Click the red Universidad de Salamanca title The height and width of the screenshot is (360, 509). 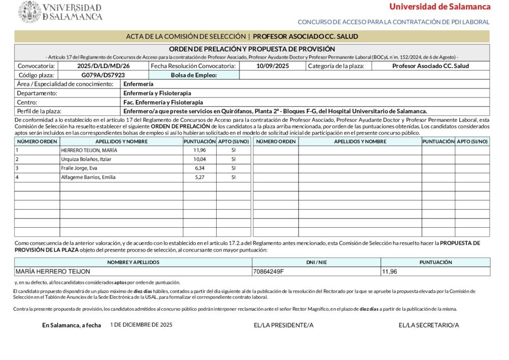click(x=439, y=6)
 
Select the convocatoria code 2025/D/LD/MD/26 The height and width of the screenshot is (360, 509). click(x=103, y=66)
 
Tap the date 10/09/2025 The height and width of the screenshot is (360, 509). click(x=272, y=66)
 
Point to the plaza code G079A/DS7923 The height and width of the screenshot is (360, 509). click(x=103, y=75)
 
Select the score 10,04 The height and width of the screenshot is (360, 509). click(x=199, y=159)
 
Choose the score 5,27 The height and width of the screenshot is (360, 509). click(x=199, y=177)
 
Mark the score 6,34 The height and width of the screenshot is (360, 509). click(x=199, y=168)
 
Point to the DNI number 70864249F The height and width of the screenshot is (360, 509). click(x=268, y=271)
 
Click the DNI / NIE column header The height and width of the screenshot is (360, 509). click(x=316, y=262)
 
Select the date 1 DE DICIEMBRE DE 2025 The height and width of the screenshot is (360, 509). click(x=141, y=324)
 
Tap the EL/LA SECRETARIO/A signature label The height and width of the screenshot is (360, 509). click(x=428, y=325)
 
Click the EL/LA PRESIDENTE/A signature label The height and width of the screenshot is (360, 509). click(x=283, y=325)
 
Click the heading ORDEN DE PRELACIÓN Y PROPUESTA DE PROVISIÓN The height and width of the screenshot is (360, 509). click(x=252, y=49)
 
